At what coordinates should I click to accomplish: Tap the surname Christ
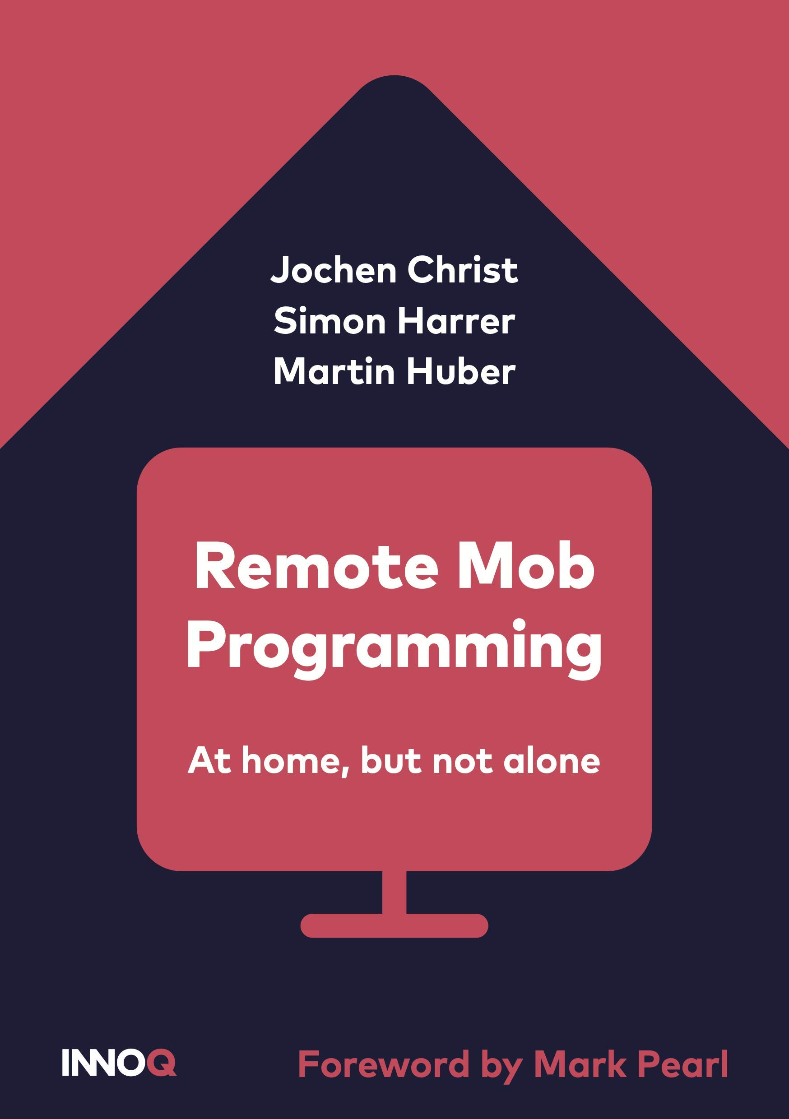click(463, 269)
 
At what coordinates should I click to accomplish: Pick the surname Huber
click(461, 371)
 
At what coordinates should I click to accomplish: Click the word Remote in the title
click(316, 568)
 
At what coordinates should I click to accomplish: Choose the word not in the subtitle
click(462, 761)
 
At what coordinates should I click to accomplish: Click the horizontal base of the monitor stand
click(394, 925)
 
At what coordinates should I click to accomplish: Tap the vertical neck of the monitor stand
click(394, 892)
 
